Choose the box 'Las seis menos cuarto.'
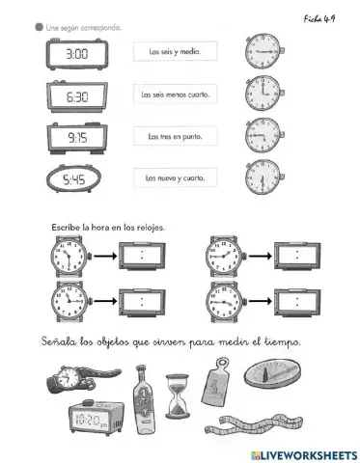[177, 95]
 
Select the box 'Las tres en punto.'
[177, 137]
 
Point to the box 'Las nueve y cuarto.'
[177, 178]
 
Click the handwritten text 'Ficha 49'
[318, 16]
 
